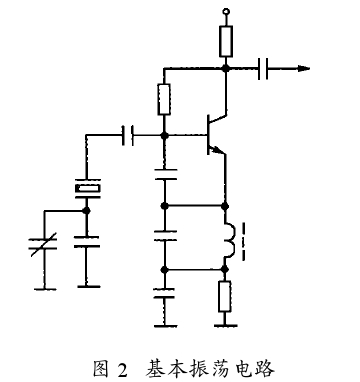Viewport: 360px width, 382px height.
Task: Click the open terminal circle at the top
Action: [226, 12]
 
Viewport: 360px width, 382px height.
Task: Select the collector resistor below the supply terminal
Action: [226, 41]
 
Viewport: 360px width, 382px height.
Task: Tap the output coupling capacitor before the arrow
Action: [263, 69]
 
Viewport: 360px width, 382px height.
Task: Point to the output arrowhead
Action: [304, 69]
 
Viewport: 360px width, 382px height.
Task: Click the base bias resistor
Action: [164, 100]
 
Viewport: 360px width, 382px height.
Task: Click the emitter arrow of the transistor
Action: [218, 151]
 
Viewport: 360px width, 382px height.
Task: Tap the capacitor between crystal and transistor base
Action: [128, 135]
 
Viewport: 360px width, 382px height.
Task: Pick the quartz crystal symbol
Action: [87, 189]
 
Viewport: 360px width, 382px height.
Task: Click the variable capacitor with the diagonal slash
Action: [44, 244]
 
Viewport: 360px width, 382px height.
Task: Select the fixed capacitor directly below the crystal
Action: [87, 242]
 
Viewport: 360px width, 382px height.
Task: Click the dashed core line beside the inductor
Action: [244, 241]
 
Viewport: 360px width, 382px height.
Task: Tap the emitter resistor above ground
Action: [225, 297]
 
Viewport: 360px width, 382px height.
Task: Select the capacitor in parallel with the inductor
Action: [165, 236]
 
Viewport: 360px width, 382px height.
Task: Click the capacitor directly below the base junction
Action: [165, 175]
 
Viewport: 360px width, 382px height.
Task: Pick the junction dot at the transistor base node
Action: [164, 135]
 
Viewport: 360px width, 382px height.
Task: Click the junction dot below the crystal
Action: [87, 211]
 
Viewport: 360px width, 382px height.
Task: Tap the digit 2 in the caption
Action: [122, 369]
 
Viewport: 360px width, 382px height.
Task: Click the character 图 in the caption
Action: [101, 369]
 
